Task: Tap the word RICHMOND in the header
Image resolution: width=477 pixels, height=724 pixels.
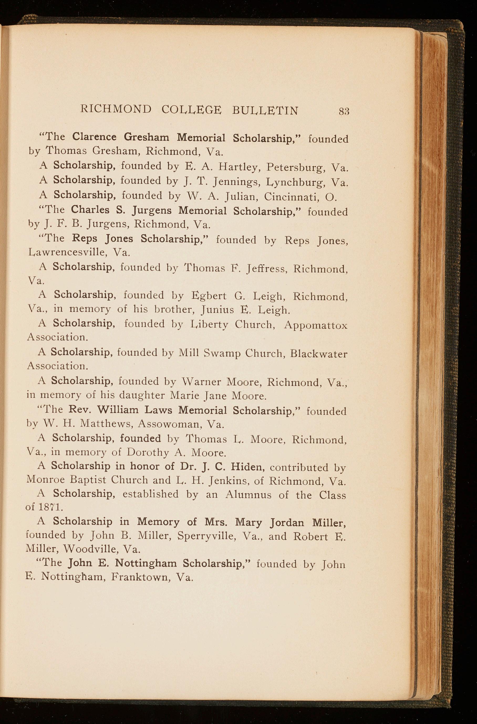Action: click(116, 109)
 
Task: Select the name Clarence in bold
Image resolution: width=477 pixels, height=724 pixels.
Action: click(94, 137)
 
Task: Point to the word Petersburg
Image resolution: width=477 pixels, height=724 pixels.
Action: click(295, 167)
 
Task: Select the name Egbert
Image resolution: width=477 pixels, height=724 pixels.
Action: click(209, 296)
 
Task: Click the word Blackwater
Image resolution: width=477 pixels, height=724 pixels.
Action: click(318, 354)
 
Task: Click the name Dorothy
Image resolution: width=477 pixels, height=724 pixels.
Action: click(148, 453)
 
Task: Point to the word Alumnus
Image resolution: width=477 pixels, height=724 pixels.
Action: click(248, 495)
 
